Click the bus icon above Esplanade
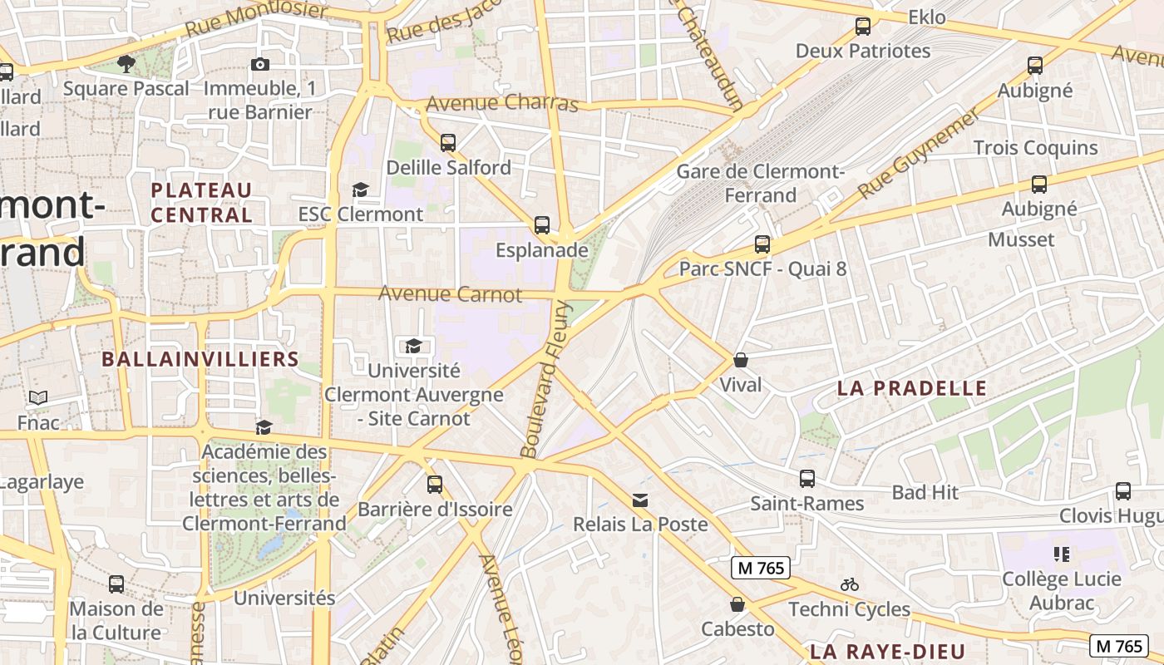tap(542, 224)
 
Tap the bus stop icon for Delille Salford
tap(448, 142)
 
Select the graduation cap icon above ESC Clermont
tap(360, 190)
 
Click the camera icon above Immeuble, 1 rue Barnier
tap(260, 64)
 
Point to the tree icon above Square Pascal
tap(126, 63)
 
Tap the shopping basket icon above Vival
tap(740, 360)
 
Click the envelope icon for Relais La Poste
tap(640, 500)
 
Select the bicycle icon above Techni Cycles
tap(849, 584)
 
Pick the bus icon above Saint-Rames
tap(806, 479)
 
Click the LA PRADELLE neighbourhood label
tap(911, 388)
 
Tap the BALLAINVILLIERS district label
tap(200, 359)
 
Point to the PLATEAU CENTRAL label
tap(201, 202)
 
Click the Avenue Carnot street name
tap(450, 294)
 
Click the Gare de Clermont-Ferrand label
tap(760, 184)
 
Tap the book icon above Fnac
tap(38, 398)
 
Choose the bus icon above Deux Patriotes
tap(863, 27)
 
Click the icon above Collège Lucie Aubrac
tap(1061, 554)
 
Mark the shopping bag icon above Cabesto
tap(737, 604)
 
